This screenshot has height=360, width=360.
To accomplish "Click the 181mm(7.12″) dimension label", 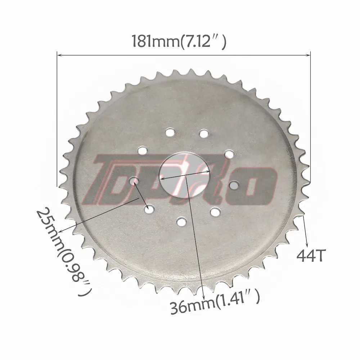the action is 179,41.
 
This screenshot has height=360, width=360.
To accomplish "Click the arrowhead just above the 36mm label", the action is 204,291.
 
